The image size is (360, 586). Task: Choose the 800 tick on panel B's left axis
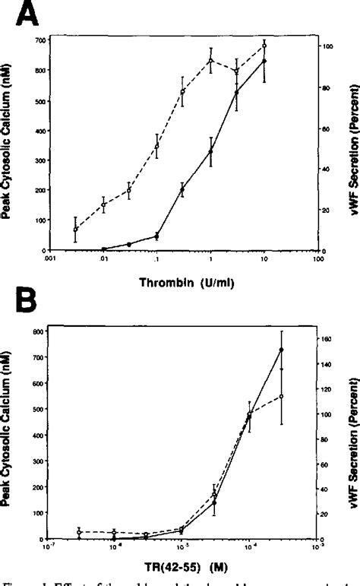click(x=35, y=331)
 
